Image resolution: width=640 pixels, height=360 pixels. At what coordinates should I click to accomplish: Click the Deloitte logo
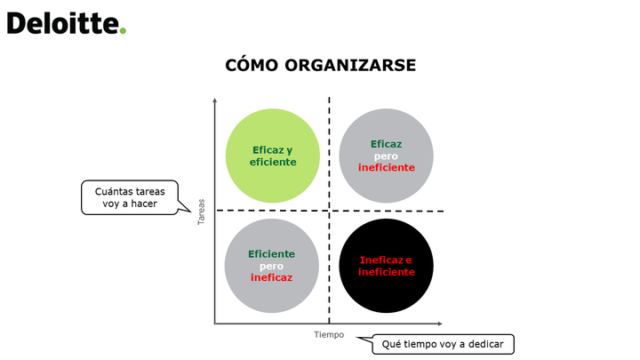67,23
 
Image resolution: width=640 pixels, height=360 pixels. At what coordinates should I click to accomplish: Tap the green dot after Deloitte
123,30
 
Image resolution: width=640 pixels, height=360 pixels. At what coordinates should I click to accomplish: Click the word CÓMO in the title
252,65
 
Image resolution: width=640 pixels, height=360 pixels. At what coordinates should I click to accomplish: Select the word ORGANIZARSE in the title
350,65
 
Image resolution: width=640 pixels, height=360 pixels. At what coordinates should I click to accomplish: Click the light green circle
273,156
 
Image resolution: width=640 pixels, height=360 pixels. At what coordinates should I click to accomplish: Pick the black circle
386,266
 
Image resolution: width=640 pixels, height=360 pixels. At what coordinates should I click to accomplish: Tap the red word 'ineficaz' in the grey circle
271,277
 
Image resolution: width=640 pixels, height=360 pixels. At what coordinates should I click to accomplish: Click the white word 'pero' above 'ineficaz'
271,266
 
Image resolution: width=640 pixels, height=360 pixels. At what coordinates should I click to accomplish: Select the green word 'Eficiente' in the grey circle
271,254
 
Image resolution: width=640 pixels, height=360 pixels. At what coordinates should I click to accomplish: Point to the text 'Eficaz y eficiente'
273,156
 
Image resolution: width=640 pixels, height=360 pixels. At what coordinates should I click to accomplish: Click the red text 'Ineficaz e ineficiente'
386,266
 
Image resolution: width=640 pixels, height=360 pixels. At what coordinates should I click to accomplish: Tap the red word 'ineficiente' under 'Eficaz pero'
387,167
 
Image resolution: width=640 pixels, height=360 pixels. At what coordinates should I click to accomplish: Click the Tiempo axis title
329,335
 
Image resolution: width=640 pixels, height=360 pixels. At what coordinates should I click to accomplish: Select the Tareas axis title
201,212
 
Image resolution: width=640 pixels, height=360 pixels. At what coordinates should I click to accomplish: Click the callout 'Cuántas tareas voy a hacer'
130,197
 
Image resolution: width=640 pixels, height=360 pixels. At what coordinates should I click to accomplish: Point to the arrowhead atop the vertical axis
215,100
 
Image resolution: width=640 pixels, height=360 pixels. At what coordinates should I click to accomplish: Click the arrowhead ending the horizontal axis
440,324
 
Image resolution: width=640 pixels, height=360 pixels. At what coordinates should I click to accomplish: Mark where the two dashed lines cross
329,211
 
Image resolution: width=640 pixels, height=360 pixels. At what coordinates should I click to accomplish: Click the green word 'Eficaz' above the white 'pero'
386,144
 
